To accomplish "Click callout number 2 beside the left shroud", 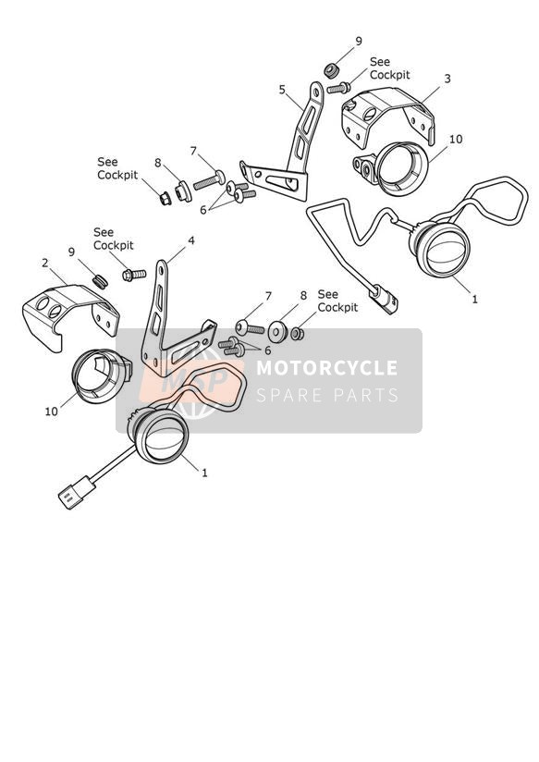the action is click(45, 263).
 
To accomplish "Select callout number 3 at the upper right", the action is click(447, 79).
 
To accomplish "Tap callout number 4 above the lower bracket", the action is click(191, 240).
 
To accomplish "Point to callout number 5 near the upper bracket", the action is click(282, 90).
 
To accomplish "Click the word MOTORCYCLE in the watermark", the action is click(326, 367).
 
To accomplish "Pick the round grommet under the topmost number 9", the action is click(332, 70).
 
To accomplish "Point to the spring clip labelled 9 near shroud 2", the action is click(100, 281).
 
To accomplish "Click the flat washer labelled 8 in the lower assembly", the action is click(278, 331).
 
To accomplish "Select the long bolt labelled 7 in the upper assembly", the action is click(210, 179).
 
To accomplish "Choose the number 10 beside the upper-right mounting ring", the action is click(456, 139).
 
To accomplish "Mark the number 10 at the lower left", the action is click(51, 412).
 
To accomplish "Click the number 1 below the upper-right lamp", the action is click(475, 299).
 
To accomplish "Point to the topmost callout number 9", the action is click(359, 42).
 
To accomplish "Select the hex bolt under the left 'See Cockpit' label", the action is click(134, 275).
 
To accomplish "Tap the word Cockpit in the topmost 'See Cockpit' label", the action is click(390, 75).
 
